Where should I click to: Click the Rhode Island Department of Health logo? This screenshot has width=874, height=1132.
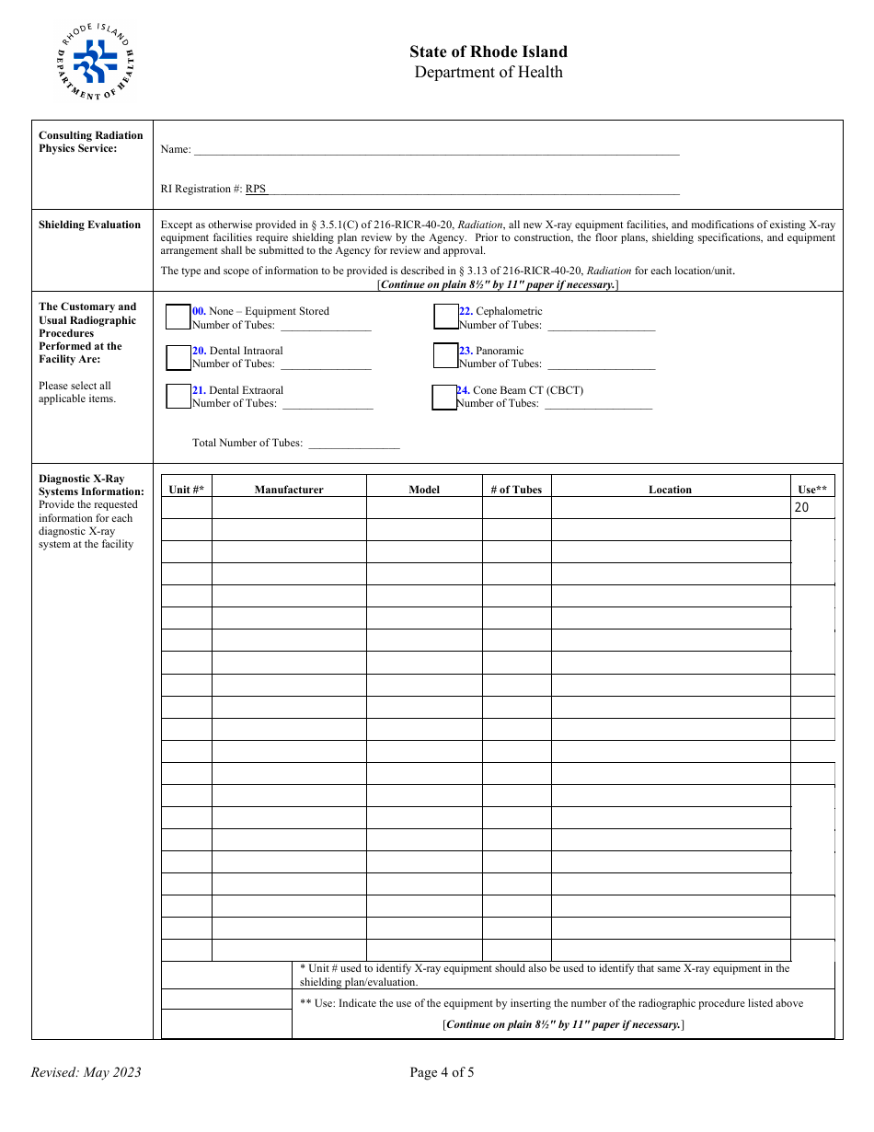(x=95, y=62)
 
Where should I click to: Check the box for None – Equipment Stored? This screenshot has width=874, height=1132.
(x=178, y=317)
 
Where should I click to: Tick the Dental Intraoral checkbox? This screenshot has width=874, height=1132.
(x=178, y=356)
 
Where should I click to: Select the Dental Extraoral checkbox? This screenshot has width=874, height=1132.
(x=178, y=396)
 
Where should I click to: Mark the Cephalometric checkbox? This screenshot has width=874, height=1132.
(x=445, y=317)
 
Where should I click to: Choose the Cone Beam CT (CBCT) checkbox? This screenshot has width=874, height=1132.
(x=444, y=397)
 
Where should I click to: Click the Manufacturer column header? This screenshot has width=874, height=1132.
(x=289, y=490)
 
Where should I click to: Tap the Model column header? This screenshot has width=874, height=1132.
(x=424, y=490)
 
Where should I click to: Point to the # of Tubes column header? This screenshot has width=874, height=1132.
(x=516, y=490)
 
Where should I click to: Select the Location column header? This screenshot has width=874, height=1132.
(x=670, y=490)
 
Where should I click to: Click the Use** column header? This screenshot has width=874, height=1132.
(x=812, y=490)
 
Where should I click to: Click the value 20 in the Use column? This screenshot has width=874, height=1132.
(x=801, y=507)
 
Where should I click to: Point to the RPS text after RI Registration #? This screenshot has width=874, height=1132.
(x=256, y=190)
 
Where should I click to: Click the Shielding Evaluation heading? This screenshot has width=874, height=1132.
(x=90, y=225)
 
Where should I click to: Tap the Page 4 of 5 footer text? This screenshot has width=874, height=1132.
(x=442, y=1071)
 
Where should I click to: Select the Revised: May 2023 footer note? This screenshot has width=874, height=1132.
(x=86, y=1072)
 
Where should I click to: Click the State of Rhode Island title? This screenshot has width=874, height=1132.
(x=489, y=52)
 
